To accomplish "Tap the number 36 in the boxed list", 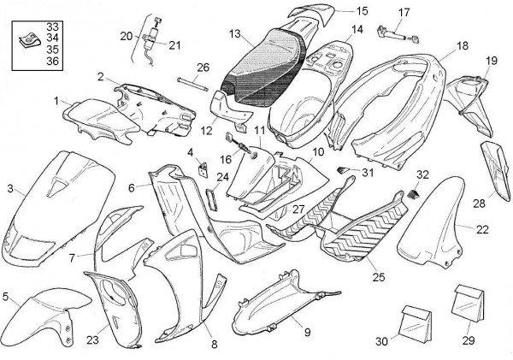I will point(52,62).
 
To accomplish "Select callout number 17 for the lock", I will point(404,12).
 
